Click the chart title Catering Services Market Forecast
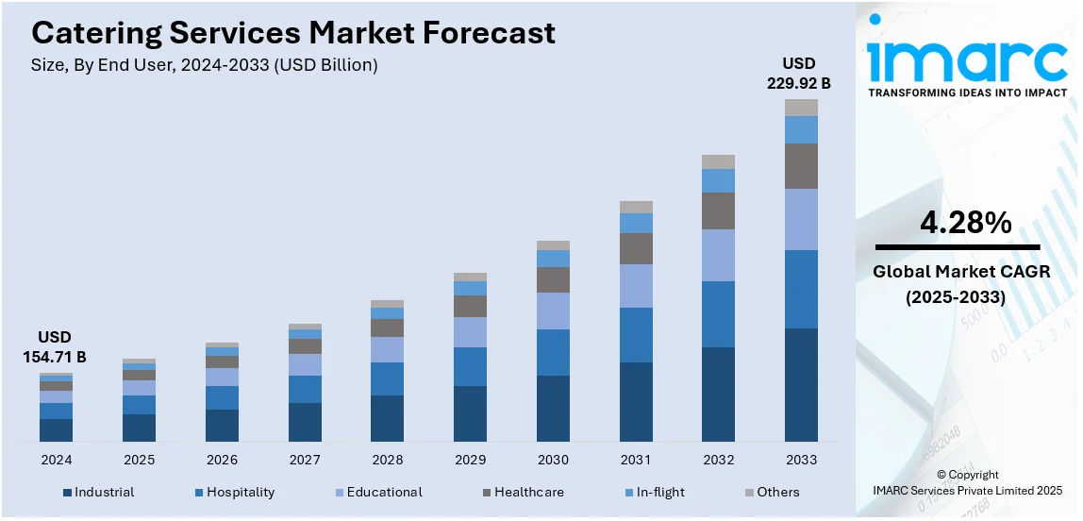(x=293, y=33)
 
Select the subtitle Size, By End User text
(x=205, y=65)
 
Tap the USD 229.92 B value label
(x=800, y=74)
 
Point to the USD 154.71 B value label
(x=56, y=347)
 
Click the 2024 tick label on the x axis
(x=56, y=460)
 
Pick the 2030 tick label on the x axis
(x=553, y=460)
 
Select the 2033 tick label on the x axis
(x=801, y=460)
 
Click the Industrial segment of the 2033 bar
(x=801, y=384)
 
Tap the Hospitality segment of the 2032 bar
(x=718, y=314)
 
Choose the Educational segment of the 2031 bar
(x=636, y=286)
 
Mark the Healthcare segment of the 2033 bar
(x=801, y=166)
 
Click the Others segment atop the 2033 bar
(x=801, y=108)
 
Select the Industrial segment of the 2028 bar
(x=387, y=418)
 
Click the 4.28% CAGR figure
(x=966, y=224)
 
